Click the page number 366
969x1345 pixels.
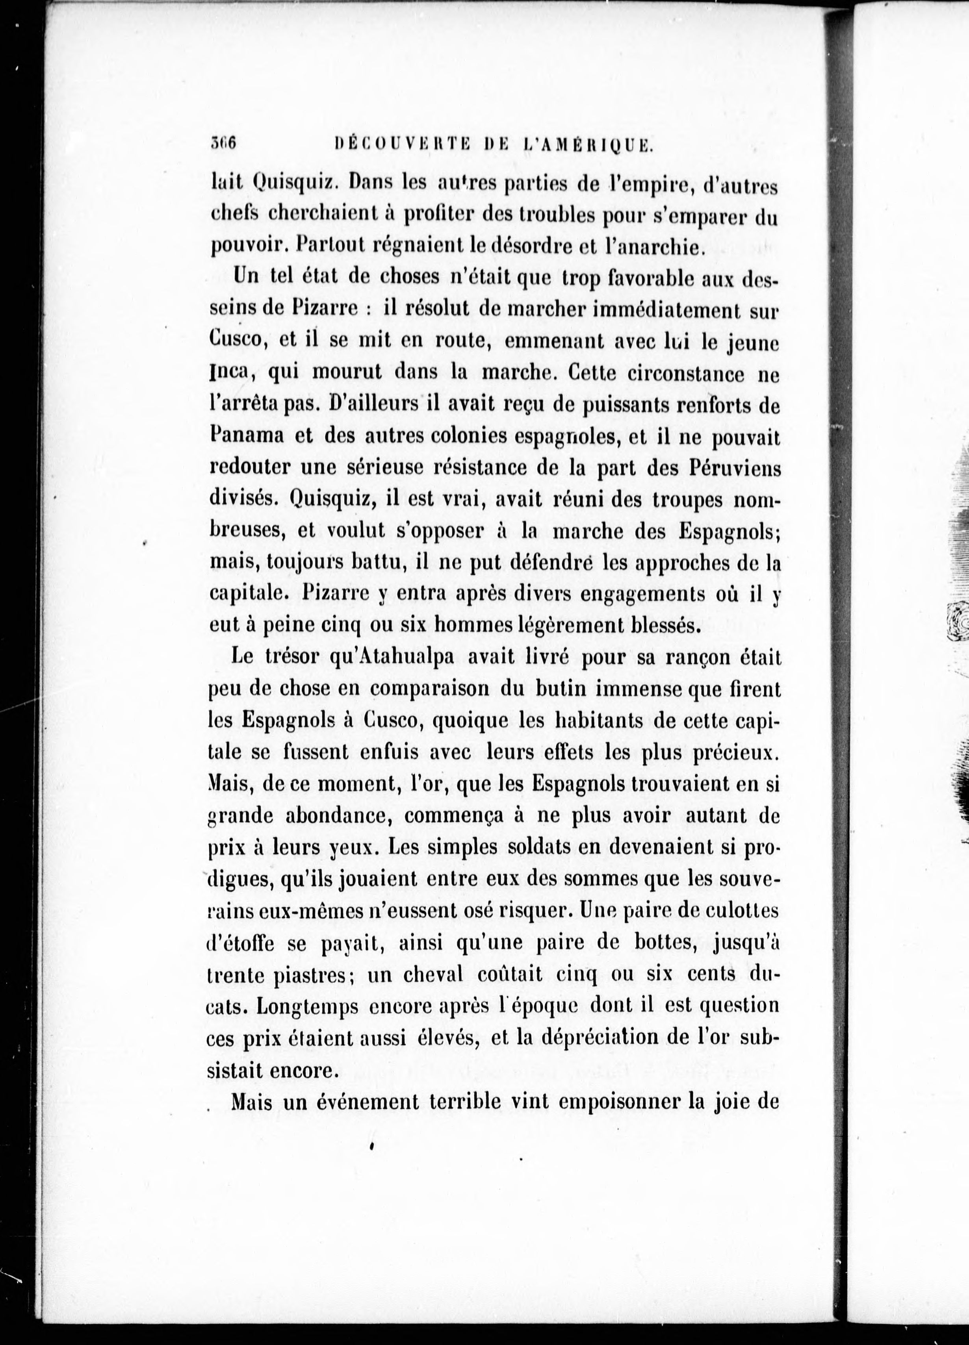(223, 143)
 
